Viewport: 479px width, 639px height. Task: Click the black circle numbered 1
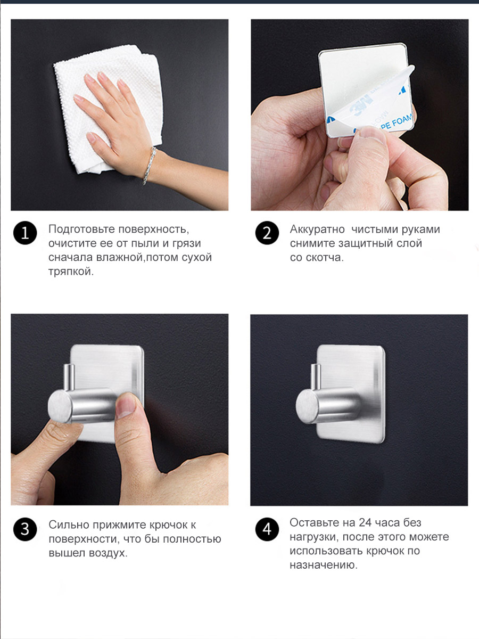click(x=25, y=233)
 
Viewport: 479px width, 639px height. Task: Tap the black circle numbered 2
click(x=267, y=233)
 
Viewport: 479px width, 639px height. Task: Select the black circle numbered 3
click(x=25, y=529)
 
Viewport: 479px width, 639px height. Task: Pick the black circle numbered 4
click(x=267, y=529)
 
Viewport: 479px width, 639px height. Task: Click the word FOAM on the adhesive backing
click(x=402, y=120)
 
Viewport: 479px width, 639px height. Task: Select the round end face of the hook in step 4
click(x=307, y=407)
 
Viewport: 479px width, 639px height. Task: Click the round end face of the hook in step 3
click(x=60, y=407)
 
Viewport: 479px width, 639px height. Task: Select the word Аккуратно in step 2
click(x=317, y=230)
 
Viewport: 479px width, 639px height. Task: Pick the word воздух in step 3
click(x=107, y=553)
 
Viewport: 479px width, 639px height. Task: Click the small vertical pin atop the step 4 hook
click(x=316, y=376)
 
